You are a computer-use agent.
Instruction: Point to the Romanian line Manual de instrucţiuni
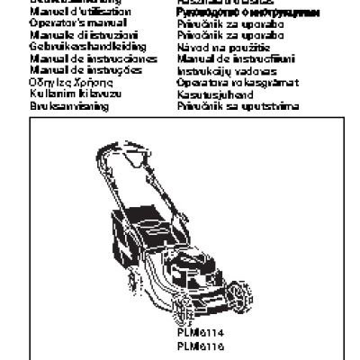click(225, 57)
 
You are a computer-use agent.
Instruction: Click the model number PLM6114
click(200, 333)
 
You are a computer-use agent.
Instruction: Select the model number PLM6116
click(200, 346)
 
